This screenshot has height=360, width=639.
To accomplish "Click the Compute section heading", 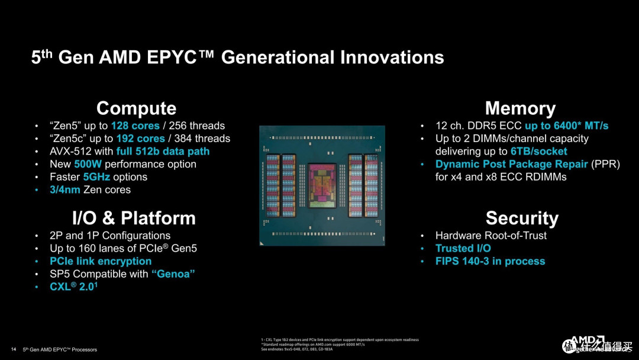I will point(136,108).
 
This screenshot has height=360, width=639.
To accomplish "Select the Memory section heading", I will point(520,108).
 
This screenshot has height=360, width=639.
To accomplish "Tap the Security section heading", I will point(521,218).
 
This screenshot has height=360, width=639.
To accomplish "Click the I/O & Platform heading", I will point(134,218).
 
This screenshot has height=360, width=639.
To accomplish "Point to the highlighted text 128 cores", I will point(135,126).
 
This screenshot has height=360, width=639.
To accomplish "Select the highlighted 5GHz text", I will point(96,177).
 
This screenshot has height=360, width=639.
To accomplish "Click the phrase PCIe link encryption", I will point(101,261).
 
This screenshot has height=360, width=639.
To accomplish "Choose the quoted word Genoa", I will point(173,274).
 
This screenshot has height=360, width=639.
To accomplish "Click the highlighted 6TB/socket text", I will point(539,151).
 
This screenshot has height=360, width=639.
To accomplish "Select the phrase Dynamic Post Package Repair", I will point(512,164).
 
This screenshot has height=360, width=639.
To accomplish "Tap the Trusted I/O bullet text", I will point(463,248).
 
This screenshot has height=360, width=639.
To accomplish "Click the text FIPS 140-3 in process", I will point(490,261).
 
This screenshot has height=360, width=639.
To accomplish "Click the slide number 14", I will point(13,349).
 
